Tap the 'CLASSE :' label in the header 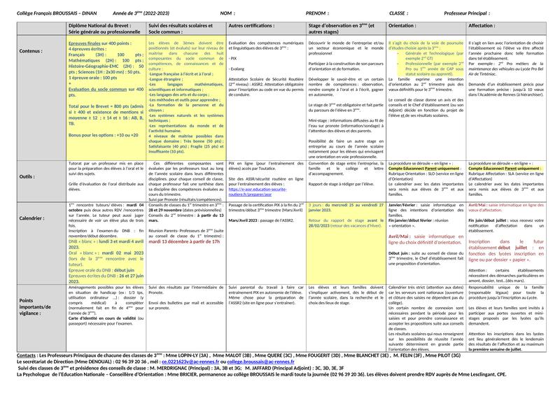point(400,13)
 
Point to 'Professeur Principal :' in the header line point(468,13)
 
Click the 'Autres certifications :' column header point(251,25)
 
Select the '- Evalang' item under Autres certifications point(239,69)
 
